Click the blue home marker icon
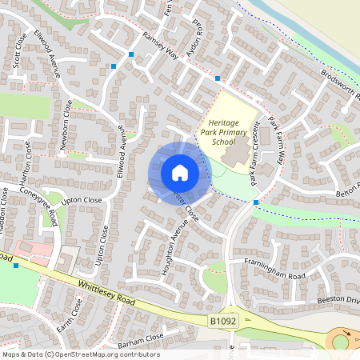[x=180, y=173]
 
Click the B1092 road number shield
[x=224, y=321]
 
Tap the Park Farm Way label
[x=276, y=141]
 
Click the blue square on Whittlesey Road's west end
[x=15, y=265]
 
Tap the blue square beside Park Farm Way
[x=255, y=202]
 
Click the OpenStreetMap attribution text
[x=81, y=354]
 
